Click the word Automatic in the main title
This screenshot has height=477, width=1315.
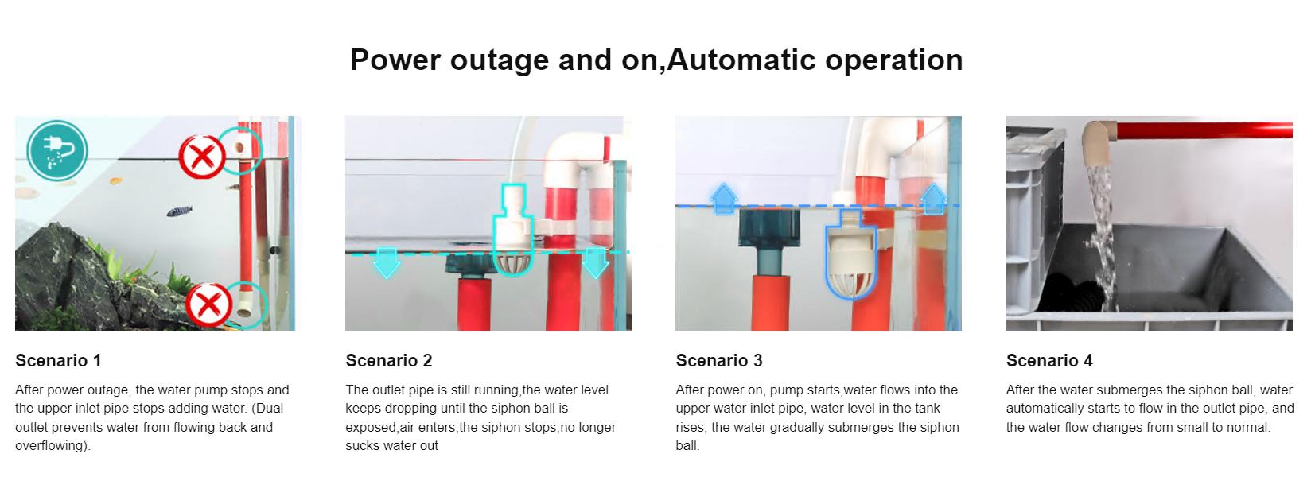(741, 60)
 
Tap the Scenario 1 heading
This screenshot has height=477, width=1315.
(58, 360)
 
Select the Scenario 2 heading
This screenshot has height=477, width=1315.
(389, 360)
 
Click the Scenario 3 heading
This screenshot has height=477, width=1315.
(719, 360)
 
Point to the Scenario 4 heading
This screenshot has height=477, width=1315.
(1049, 360)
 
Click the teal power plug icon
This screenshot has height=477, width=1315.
(57, 150)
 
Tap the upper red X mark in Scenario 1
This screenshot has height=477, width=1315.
(202, 156)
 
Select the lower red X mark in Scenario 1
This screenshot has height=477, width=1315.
(208, 304)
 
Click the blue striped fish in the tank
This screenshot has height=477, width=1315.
(179, 211)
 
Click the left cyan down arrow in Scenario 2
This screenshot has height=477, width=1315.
(387, 262)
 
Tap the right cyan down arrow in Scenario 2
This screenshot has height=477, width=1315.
(595, 262)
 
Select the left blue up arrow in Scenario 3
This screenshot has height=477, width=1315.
(723, 199)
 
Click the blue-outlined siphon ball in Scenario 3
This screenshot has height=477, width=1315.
(850, 254)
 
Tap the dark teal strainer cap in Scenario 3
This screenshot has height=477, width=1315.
(769, 228)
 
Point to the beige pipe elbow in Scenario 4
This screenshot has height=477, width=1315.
(1099, 144)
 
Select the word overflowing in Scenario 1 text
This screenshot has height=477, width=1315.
(53, 445)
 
